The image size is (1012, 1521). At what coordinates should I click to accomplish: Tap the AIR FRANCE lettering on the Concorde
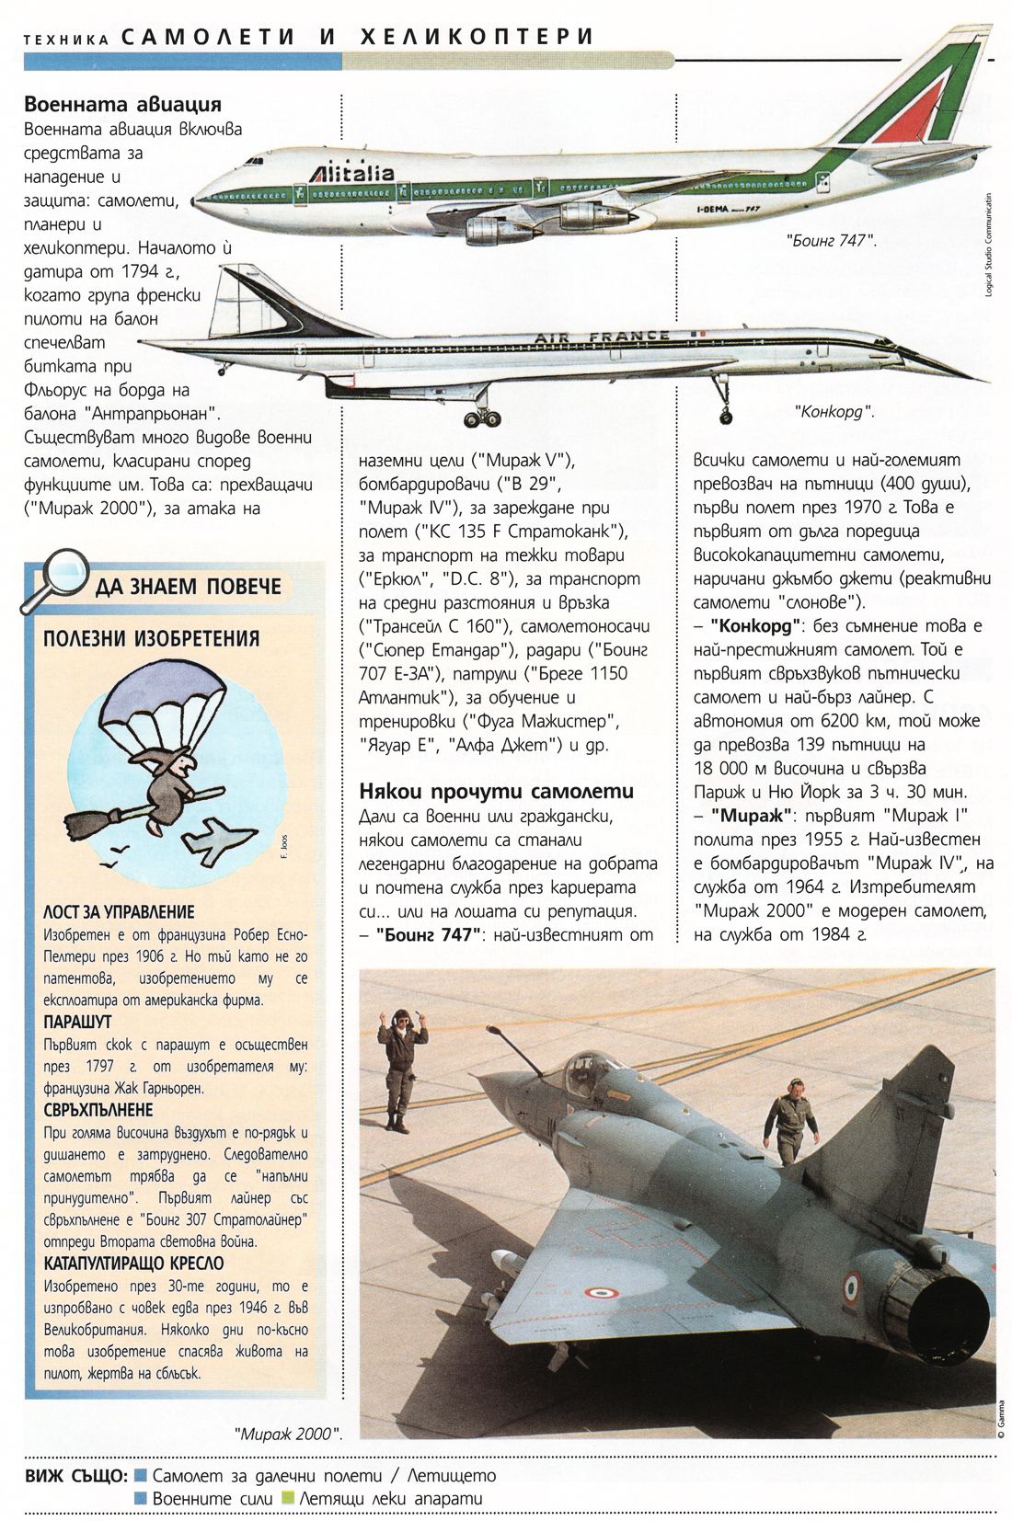pos(603,337)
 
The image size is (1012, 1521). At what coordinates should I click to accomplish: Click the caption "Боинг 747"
pos(830,239)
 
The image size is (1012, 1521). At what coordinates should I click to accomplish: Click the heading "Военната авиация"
pos(122,105)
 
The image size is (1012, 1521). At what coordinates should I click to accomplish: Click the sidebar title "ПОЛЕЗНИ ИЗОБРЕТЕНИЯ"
pos(152,639)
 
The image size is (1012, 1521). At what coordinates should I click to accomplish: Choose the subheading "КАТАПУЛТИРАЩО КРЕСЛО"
pos(133,1264)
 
